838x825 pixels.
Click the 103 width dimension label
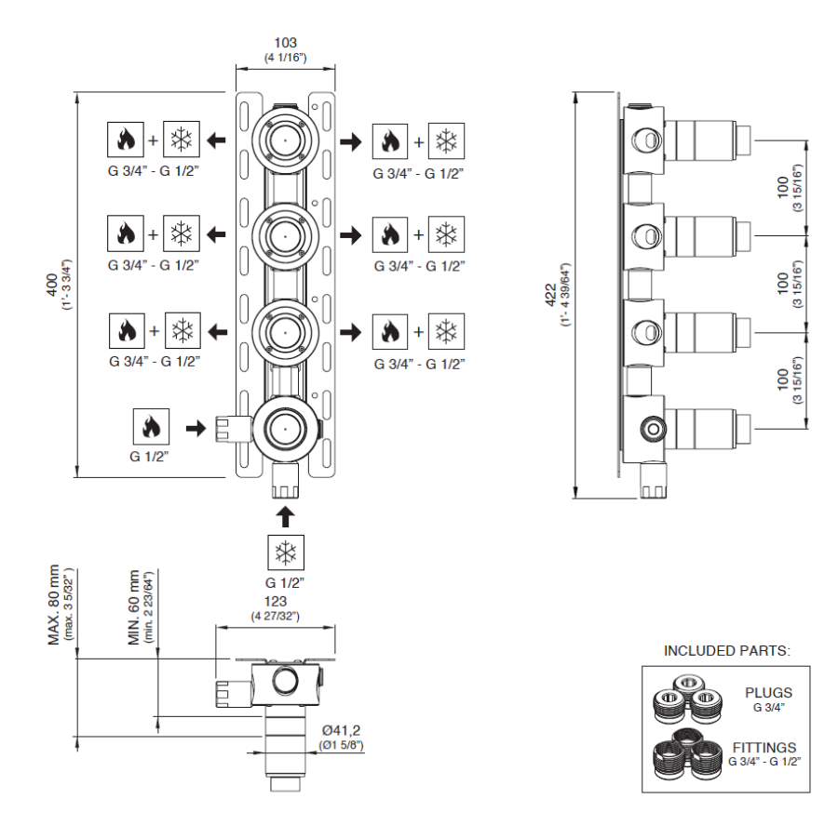[x=286, y=43]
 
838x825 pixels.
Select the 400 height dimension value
[x=52, y=285]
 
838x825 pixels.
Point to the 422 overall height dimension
[x=550, y=295]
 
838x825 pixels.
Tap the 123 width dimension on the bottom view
[x=276, y=601]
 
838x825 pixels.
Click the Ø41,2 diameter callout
[x=341, y=730]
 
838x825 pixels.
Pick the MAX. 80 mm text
[x=54, y=605]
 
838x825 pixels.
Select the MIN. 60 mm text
[x=133, y=607]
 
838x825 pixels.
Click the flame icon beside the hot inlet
[x=151, y=427]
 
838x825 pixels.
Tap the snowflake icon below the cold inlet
[x=286, y=552]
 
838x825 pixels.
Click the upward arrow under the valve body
[x=286, y=517]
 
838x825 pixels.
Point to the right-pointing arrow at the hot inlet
[x=196, y=428]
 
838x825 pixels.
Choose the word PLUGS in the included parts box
[x=768, y=693]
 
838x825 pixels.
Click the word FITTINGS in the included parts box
[x=764, y=748]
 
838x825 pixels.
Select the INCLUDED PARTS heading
[x=727, y=651]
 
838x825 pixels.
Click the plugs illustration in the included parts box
[x=688, y=699]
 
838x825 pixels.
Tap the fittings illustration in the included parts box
[x=688, y=753]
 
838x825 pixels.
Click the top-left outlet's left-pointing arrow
[x=216, y=140]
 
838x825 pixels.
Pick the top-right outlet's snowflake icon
[x=446, y=141]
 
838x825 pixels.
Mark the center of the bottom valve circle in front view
[x=286, y=429]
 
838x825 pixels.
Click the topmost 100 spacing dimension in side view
[x=783, y=188]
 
